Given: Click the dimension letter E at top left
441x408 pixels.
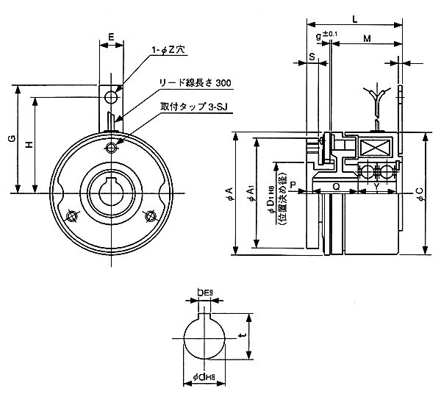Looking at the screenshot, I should [x=111, y=35].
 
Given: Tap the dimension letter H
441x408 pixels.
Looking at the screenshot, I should [x=29, y=145].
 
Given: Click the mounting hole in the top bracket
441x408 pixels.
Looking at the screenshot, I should [x=110, y=96].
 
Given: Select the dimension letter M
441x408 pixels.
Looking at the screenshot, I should [x=365, y=37].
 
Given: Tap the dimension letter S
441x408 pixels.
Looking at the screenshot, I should [x=312, y=56].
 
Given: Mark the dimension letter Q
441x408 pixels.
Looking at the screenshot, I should [x=335, y=187].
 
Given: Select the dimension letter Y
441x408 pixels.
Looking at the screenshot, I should [x=376, y=187].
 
